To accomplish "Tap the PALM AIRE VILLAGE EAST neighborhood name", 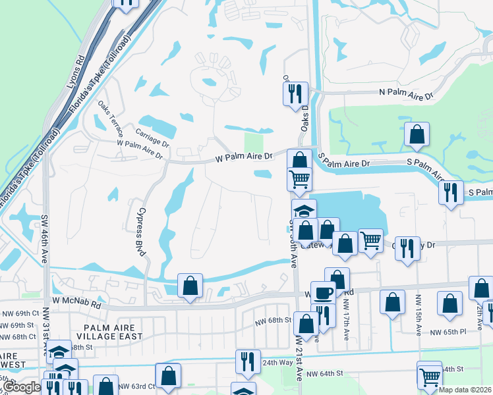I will (x=109, y=332).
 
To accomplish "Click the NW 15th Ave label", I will (x=418, y=317).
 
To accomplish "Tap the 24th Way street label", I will (x=277, y=363).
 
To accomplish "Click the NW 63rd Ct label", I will (x=138, y=386).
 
